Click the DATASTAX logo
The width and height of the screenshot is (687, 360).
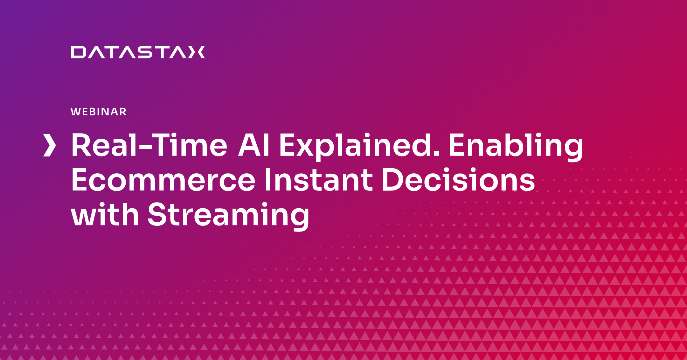pos(138,52)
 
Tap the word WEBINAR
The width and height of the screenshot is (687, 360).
pos(99,112)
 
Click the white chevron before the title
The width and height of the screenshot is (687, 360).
pos(50,145)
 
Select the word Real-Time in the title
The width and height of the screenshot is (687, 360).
pos(149,145)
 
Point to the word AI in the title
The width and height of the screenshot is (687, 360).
pos(254,145)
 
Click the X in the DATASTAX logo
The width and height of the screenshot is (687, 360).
pos(197,52)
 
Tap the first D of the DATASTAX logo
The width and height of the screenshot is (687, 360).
pos(78,52)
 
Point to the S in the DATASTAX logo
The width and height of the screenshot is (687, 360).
pos(145,52)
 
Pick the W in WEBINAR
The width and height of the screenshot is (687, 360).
pos(76,112)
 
